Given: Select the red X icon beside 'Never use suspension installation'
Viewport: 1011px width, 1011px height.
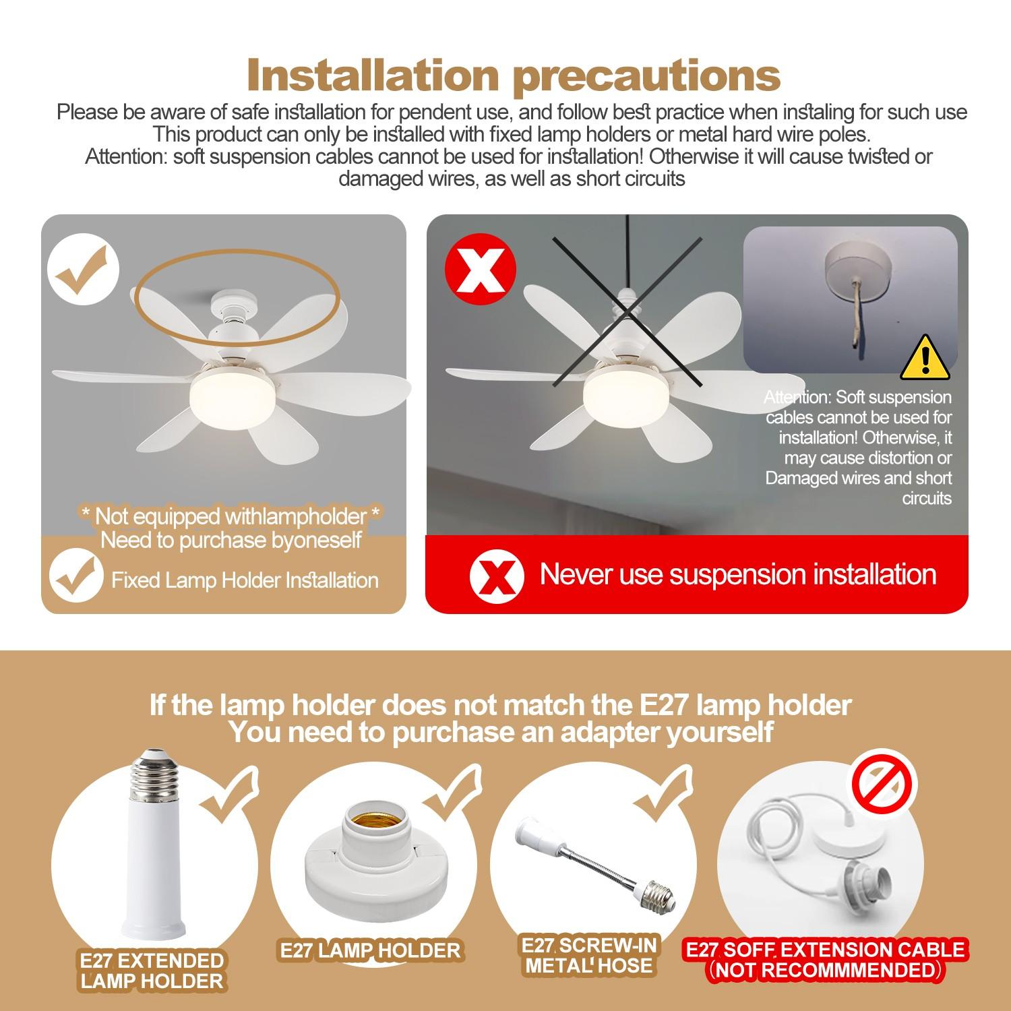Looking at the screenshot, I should tap(497, 575).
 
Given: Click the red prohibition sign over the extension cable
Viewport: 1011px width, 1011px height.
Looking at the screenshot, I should tap(884, 783).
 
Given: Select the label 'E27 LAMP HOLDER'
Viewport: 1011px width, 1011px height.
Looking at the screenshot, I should tap(370, 950).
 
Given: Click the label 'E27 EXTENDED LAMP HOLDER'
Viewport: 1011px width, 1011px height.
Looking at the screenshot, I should tap(152, 971).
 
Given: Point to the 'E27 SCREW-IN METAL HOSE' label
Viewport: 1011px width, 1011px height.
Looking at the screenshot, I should tap(589, 955).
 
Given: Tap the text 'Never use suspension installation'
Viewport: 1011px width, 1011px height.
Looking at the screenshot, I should tap(738, 574).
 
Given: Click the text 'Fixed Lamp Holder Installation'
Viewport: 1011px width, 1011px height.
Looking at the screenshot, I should tap(245, 580).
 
